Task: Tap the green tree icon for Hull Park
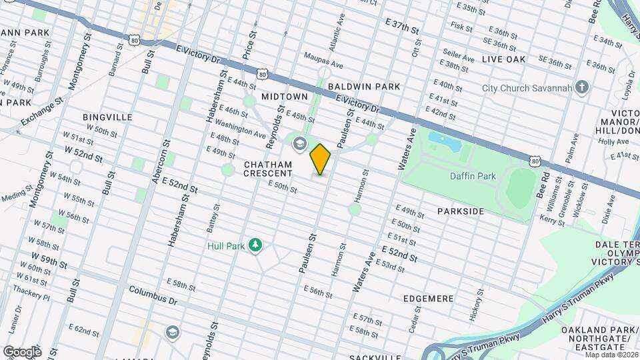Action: click(x=254, y=246)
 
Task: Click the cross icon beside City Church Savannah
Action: click(x=582, y=88)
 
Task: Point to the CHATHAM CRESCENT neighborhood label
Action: click(x=268, y=169)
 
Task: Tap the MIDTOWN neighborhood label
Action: click(x=285, y=97)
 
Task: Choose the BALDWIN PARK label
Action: click(x=364, y=87)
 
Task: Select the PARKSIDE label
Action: click(x=461, y=211)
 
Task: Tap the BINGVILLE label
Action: click(x=107, y=117)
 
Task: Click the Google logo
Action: click(x=21, y=351)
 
